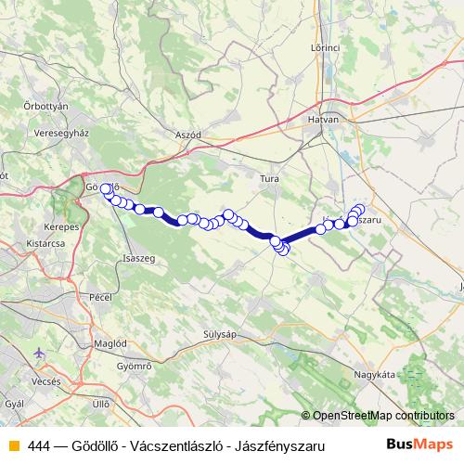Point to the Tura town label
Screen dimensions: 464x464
click(x=269, y=177)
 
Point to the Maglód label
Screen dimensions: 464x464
click(x=111, y=342)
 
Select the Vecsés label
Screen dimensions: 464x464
click(x=46, y=380)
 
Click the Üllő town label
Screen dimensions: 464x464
click(x=102, y=404)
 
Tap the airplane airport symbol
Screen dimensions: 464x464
click(x=38, y=354)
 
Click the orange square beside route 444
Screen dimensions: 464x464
click(x=13, y=446)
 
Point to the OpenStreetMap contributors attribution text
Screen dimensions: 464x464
click(x=382, y=416)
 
